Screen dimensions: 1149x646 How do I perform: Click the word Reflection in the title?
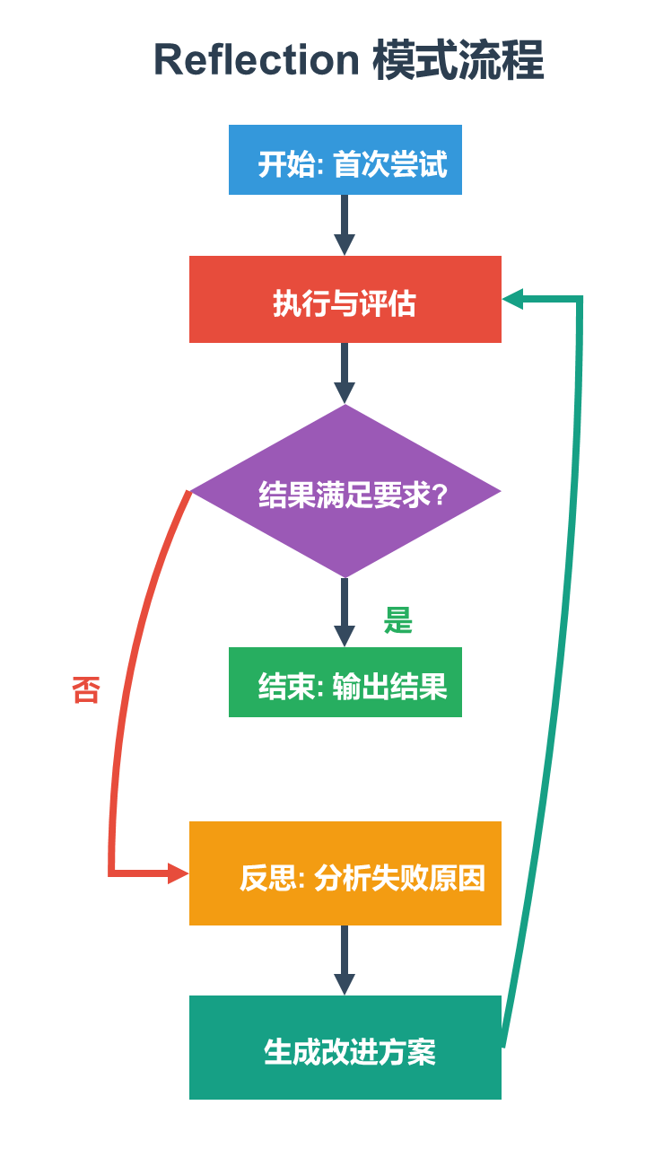click(256, 61)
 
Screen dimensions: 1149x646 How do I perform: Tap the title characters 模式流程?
click(458, 61)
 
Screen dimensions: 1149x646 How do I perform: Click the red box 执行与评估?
click(345, 300)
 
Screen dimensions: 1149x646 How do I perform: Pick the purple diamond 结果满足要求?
click(345, 491)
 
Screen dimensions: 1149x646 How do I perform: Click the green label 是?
click(397, 620)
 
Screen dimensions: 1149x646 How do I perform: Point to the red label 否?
click(85, 690)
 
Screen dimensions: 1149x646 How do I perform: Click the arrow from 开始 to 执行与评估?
click(345, 224)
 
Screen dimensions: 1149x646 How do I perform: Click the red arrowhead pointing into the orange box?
click(178, 873)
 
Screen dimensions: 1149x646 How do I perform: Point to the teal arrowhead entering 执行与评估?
click(512, 300)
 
